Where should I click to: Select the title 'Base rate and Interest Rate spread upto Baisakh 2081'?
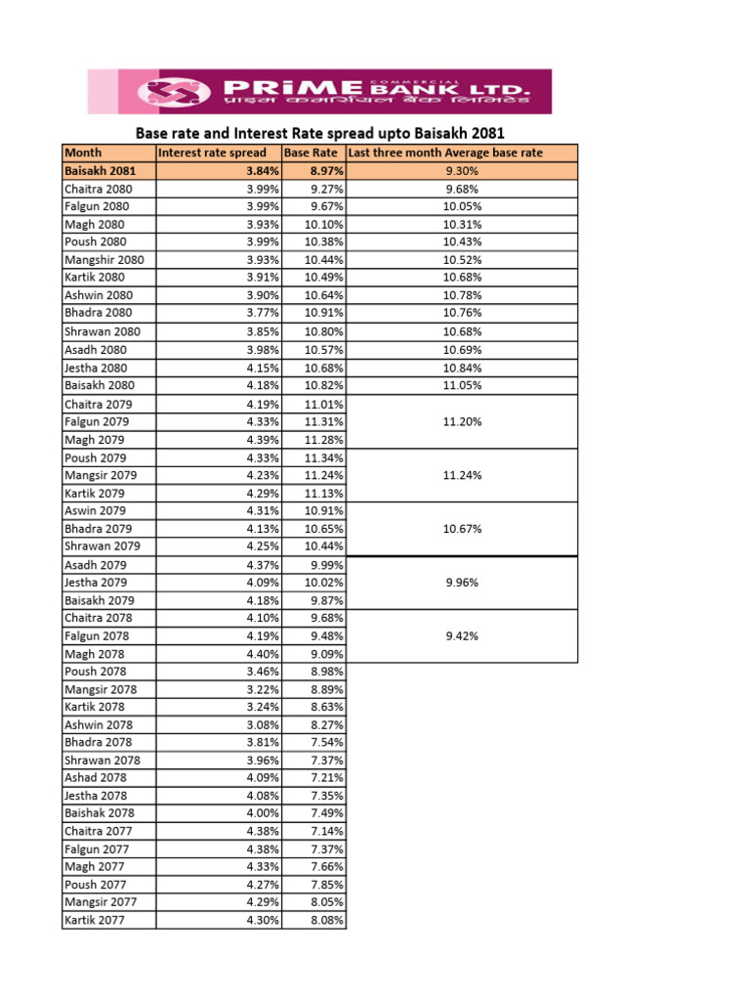tap(319, 133)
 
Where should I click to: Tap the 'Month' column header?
tap(83, 152)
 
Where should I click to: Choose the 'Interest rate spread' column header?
tap(212, 152)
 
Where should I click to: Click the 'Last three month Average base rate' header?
tap(445, 152)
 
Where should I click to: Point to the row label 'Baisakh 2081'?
tap(101, 171)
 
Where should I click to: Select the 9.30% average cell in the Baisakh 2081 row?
tap(461, 171)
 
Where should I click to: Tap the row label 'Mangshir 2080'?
tap(104, 260)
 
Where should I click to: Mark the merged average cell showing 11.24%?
tap(461, 475)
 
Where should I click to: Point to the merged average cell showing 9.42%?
tap(461, 635)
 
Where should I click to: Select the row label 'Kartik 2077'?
tap(95, 920)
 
